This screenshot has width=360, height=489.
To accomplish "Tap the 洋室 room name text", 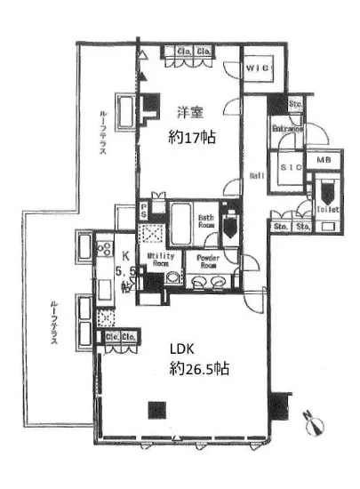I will point(187,113).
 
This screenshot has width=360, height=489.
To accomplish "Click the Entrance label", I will point(289,130).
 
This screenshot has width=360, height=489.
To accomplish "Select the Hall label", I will point(255,176).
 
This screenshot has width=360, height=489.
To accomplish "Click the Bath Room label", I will point(208,220).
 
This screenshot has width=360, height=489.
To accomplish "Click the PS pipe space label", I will point(144,211).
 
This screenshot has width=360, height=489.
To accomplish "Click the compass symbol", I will point(311,420).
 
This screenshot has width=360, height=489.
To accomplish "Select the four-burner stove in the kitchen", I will point(103,247).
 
